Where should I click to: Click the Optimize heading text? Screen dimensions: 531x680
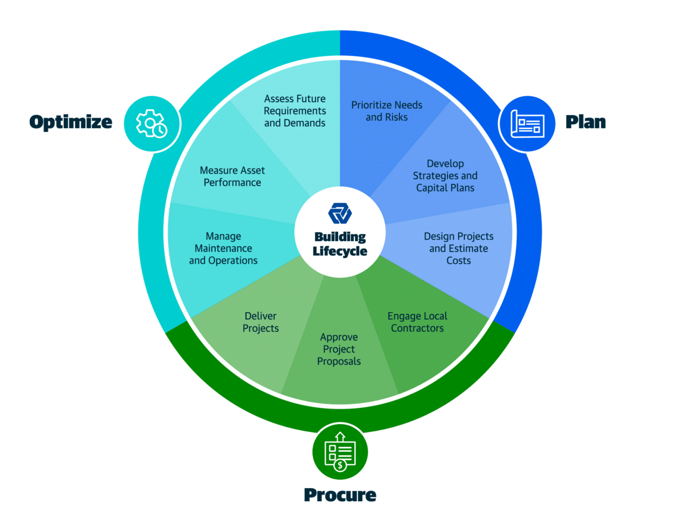pyautogui.click(x=70, y=122)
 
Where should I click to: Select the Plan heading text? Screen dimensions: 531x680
pyautogui.click(x=586, y=122)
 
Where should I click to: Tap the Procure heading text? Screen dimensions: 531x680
pyautogui.click(x=340, y=495)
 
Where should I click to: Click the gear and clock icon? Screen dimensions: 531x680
pyautogui.click(x=152, y=124)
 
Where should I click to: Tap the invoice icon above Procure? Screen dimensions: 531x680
pyautogui.click(x=340, y=451)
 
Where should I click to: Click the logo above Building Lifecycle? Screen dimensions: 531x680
pyautogui.click(x=340, y=214)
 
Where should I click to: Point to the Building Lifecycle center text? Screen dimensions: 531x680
pyautogui.click(x=340, y=244)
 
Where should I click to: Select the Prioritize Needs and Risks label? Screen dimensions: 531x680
pyautogui.click(x=387, y=111)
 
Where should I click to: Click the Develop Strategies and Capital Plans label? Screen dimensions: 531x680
pyautogui.click(x=445, y=175)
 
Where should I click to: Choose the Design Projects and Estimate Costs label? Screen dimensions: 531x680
pyautogui.click(x=459, y=248)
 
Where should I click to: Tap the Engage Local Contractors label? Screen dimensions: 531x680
pyautogui.click(x=417, y=322)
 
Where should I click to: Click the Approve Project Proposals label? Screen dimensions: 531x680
pyautogui.click(x=339, y=349)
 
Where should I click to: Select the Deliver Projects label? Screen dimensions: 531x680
pyautogui.click(x=261, y=322)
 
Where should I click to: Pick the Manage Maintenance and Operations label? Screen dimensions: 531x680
pyautogui.click(x=223, y=248)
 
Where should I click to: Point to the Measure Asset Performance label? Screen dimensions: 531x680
pyautogui.click(x=232, y=177)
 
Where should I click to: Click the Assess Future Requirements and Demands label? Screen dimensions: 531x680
pyautogui.click(x=295, y=111)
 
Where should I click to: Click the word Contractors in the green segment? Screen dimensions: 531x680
pyautogui.click(x=417, y=328)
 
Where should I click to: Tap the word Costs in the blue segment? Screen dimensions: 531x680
pyautogui.click(x=459, y=261)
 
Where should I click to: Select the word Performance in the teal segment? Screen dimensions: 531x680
pyautogui.click(x=232, y=183)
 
